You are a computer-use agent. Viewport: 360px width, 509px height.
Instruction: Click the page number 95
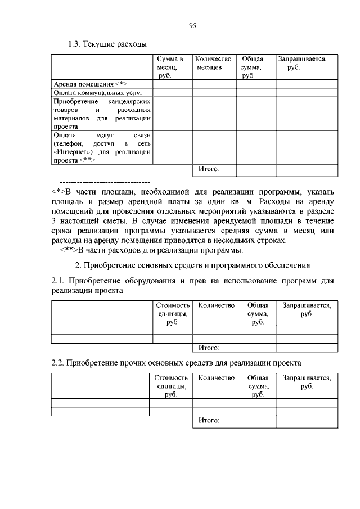point(192,26)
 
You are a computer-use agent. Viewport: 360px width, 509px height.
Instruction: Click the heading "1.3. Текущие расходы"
point(107,44)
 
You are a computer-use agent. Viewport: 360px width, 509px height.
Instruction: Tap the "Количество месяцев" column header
point(214,63)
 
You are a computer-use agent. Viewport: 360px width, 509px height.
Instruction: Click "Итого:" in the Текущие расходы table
point(208,169)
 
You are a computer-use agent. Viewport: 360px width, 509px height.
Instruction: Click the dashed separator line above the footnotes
point(104,183)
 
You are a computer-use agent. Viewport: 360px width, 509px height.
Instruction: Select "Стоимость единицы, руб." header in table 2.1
point(173,313)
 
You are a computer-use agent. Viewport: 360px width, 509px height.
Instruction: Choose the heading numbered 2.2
point(176,363)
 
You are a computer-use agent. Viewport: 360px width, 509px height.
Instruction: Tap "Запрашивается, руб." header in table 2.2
point(307,382)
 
